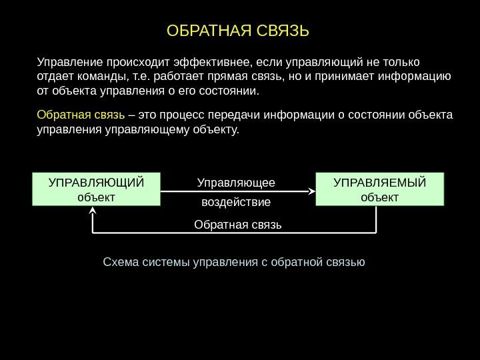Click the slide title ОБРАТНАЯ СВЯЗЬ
[x=239, y=31]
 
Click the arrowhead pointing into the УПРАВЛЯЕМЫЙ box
[x=311, y=190]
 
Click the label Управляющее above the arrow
[x=236, y=182]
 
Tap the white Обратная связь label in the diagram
[x=238, y=224]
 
